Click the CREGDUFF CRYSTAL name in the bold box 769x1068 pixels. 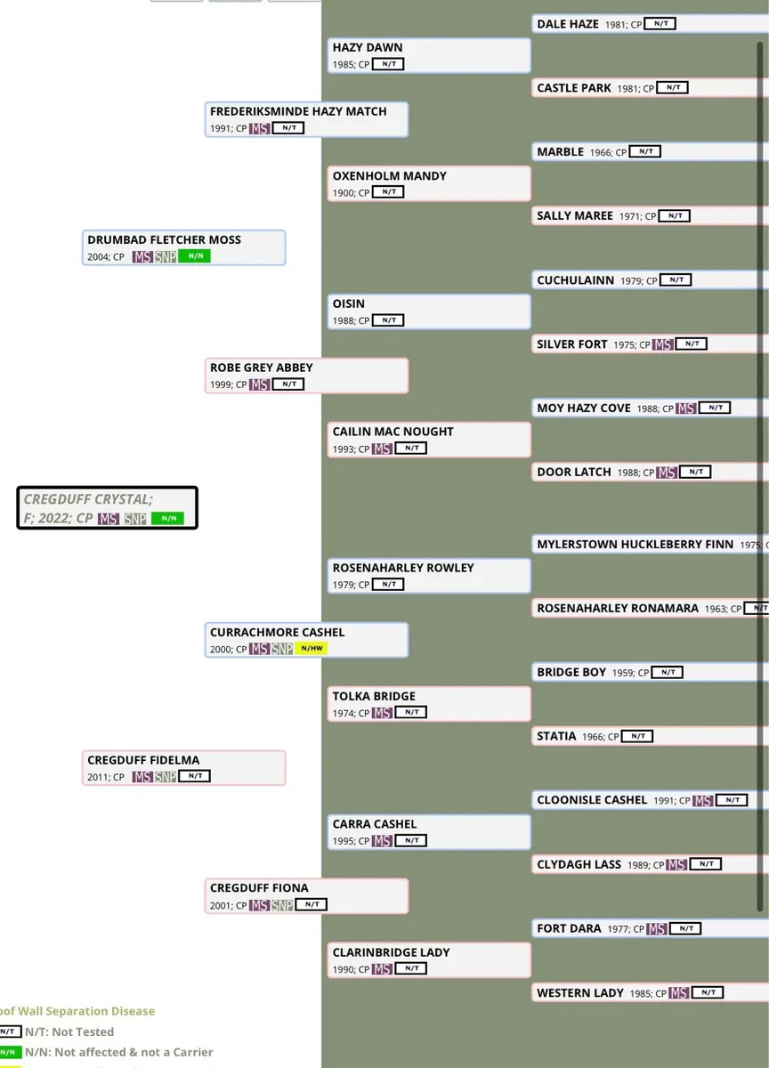point(87,499)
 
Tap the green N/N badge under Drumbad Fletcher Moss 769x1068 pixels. point(194,256)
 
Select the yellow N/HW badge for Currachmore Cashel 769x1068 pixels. point(312,649)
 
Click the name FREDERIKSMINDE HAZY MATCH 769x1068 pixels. point(298,111)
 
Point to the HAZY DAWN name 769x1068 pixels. point(368,47)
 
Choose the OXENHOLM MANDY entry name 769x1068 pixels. point(390,175)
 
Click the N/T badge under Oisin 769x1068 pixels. point(388,320)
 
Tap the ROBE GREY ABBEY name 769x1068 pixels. point(262,367)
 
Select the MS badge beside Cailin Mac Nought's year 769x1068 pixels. point(382,449)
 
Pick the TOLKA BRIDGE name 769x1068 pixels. point(374,696)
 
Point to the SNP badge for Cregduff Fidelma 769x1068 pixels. point(166,777)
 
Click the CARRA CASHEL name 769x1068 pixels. point(375,824)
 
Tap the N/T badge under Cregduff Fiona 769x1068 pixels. point(311,905)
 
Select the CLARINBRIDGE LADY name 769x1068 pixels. point(392,952)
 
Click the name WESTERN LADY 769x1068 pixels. point(580,992)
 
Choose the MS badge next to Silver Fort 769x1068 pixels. point(662,344)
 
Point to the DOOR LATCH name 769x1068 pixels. point(574,472)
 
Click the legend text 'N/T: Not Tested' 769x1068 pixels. point(69,1032)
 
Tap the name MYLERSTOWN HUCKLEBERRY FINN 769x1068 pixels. point(635,544)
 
